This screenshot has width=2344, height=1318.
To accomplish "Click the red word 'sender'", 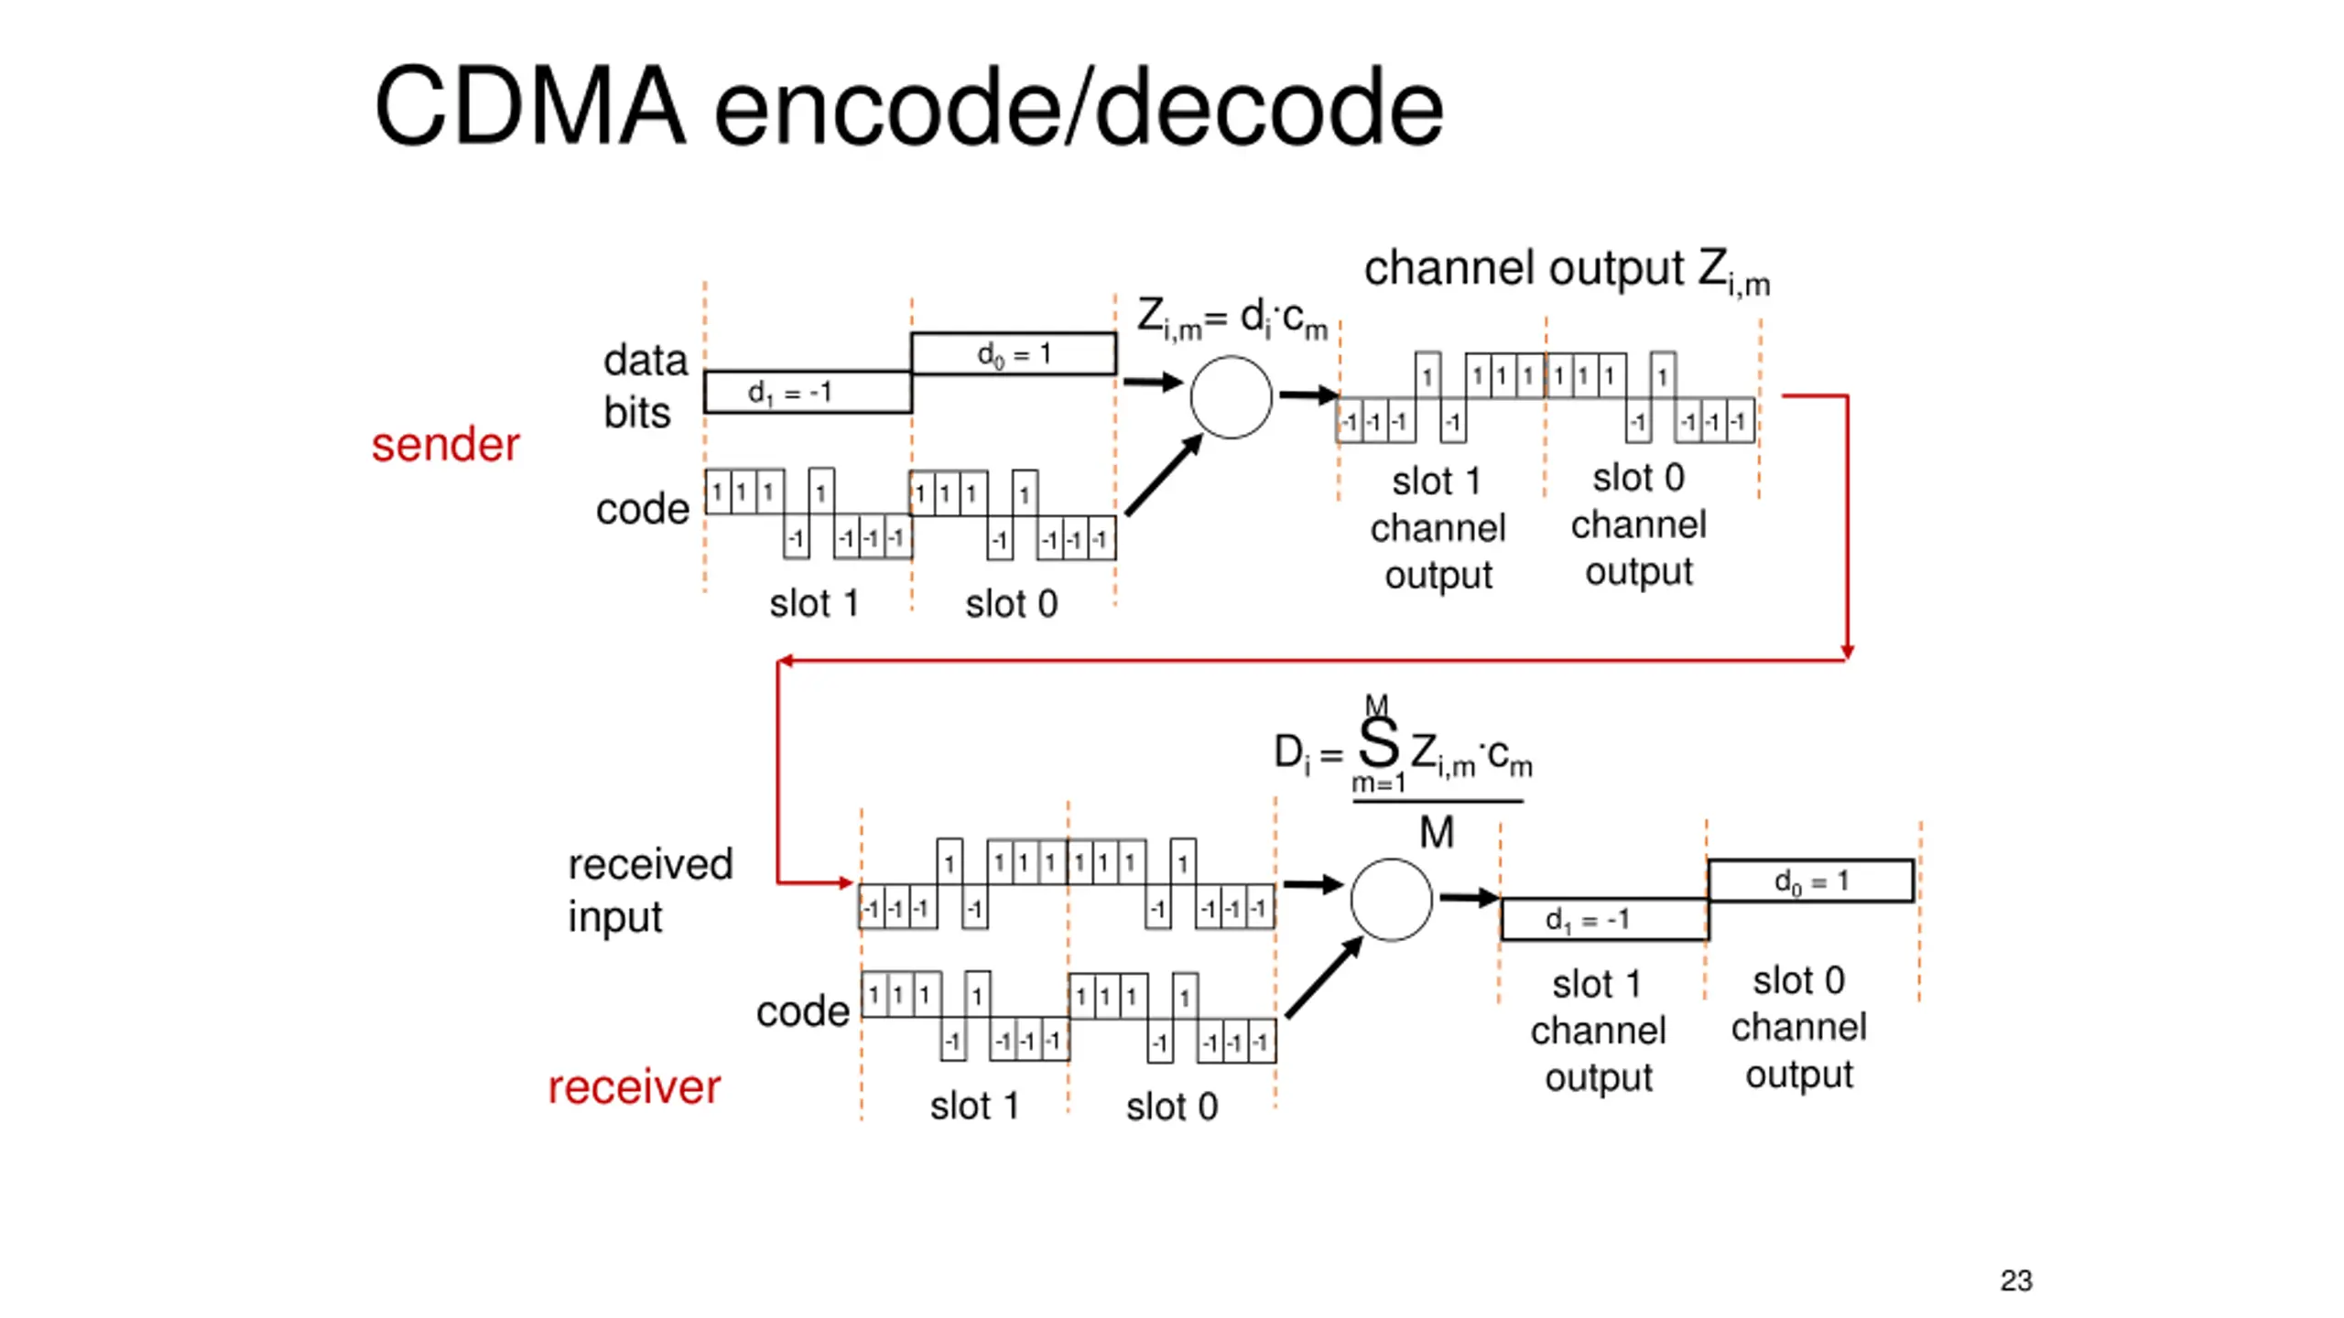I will [x=445, y=446].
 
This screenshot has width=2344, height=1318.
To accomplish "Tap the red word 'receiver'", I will [x=634, y=1087].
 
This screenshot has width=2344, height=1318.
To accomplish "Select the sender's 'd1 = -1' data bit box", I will [x=807, y=392].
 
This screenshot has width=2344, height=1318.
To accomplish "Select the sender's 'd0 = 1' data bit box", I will [x=1013, y=354].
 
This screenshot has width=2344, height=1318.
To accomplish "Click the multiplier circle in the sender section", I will [x=1231, y=397].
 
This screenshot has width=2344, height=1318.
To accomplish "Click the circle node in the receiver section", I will [x=1391, y=900].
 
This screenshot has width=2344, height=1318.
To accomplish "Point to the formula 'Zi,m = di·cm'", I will [x=1232, y=319].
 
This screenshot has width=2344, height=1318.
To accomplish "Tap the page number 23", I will [x=2015, y=1280].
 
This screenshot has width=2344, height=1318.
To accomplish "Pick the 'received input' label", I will [x=650, y=890].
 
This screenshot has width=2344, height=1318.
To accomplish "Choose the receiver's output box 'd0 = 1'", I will [x=1810, y=881].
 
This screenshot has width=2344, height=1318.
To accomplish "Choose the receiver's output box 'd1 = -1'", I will [x=1603, y=919].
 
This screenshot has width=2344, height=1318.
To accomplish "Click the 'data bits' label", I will [x=645, y=386].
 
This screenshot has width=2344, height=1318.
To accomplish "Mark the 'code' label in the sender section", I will [x=642, y=509].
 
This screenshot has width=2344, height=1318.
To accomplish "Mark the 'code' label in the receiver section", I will [x=802, y=1011].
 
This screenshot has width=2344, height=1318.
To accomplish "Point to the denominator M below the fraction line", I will [x=1436, y=833].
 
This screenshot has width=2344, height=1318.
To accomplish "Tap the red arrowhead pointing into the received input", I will [x=846, y=883].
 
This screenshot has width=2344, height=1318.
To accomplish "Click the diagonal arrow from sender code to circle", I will [x=1163, y=476].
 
